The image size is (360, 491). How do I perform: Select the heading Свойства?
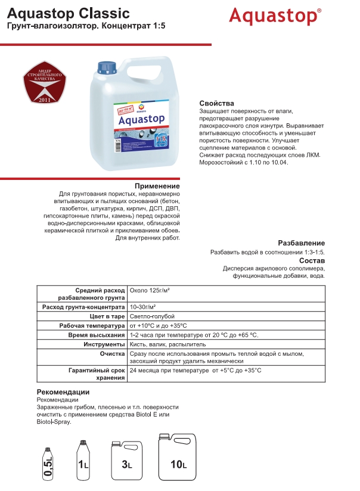[216, 103]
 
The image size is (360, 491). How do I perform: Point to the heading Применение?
[157, 186]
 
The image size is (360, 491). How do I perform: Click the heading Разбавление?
[301, 243]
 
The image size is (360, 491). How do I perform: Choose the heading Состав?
[312, 261]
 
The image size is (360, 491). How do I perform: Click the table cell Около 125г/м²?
[150, 290]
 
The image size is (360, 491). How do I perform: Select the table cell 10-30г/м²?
[143, 306]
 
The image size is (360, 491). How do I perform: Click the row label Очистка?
[111, 354]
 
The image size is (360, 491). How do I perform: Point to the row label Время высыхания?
[96, 335]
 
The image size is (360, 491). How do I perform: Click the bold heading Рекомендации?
[63, 391]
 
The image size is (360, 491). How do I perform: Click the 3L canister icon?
[127, 461]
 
